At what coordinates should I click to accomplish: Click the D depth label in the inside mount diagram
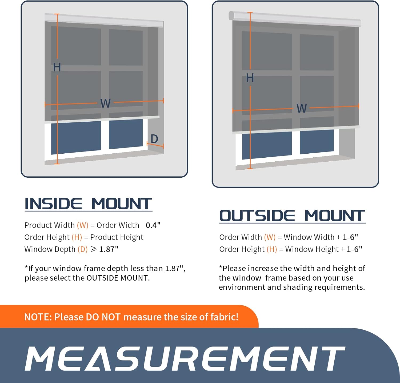point(154,139)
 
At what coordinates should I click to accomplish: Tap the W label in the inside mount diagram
point(106,103)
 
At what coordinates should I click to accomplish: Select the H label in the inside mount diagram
point(57,67)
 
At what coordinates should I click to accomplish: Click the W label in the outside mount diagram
point(302,108)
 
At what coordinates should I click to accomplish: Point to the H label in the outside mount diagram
point(250,78)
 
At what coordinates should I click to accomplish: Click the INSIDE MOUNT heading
point(88,204)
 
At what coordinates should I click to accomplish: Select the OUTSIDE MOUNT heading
point(292,216)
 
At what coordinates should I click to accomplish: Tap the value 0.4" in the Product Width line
point(153,225)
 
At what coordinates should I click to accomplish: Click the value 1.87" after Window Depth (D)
point(109,249)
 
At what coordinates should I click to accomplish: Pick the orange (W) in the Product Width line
point(83,225)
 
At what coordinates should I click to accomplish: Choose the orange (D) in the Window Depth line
point(83,249)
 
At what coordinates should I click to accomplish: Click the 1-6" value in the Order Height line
point(354,249)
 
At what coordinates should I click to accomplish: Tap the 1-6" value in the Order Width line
point(350,237)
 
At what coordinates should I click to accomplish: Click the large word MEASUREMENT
point(185,358)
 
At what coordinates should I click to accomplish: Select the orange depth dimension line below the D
point(155,145)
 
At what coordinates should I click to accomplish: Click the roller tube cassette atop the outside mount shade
point(295,19)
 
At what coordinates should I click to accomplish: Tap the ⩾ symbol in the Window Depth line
point(94,249)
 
